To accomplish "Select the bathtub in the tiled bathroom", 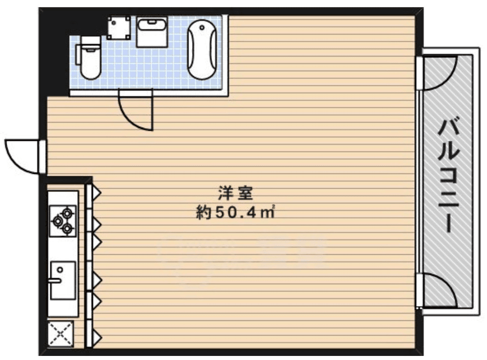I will tap(202, 49).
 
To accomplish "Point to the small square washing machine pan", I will tap(119, 27).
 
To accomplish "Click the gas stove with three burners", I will tap(63, 219).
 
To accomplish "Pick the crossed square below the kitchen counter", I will tap(61, 335).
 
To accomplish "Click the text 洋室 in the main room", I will tap(235, 193).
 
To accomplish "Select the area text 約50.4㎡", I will tap(235, 212).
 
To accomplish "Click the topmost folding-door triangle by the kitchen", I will tap(96, 194).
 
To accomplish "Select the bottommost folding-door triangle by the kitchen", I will tap(96, 336).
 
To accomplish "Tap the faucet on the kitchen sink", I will tap(54, 279).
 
